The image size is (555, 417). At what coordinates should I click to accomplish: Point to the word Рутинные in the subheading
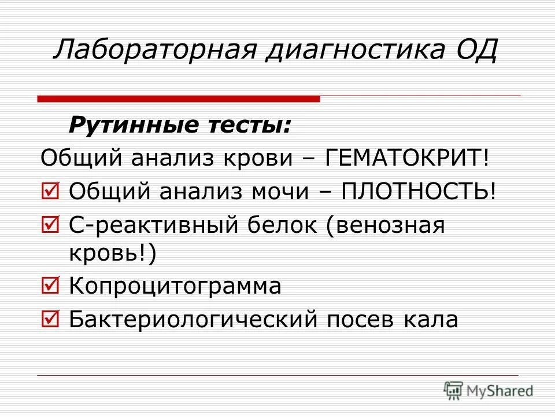tap(127, 125)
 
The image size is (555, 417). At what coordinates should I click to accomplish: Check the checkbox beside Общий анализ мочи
tap(50, 191)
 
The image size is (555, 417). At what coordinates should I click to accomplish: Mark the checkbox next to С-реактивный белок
tap(50, 224)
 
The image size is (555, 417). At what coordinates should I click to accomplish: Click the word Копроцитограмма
tap(175, 287)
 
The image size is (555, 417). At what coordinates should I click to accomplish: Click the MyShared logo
tap(488, 390)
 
